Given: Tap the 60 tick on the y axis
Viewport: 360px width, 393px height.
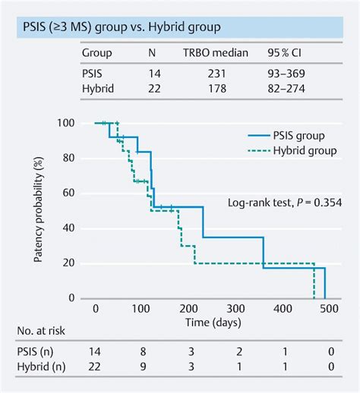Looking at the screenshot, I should (x=69, y=193).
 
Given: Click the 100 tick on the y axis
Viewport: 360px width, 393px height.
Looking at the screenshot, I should (x=67, y=124).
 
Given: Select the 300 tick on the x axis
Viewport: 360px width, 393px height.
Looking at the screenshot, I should (x=236, y=310).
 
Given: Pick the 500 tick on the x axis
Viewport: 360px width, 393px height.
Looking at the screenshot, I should (x=330, y=310).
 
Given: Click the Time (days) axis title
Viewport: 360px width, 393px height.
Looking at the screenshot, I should (x=211, y=323).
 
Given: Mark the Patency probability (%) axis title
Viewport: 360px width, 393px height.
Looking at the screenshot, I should (x=37, y=210).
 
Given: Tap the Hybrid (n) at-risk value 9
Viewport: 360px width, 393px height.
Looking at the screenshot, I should (x=142, y=368).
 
